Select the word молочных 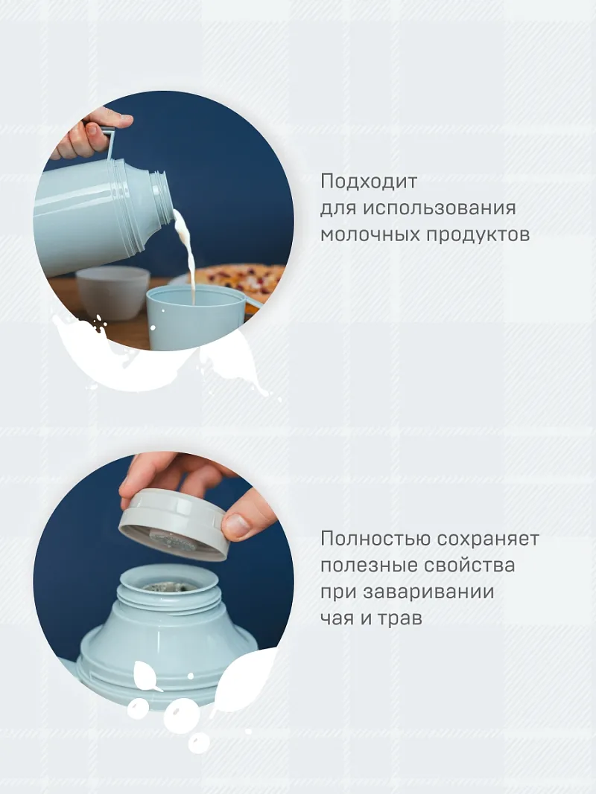(370, 234)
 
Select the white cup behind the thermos (113, 292)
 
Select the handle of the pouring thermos (110, 144)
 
